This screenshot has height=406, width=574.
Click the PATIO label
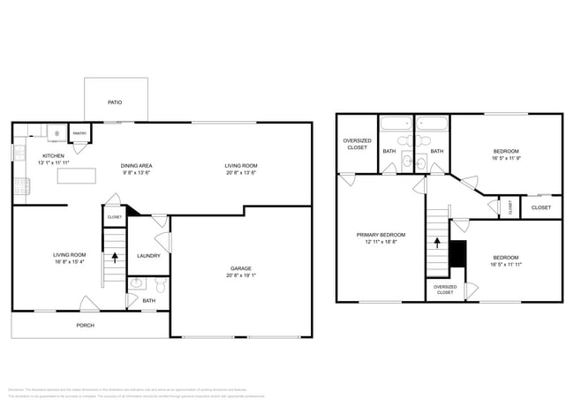tap(115, 102)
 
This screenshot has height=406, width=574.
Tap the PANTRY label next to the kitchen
tap(79, 134)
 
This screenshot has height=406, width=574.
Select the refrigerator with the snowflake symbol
tap(58, 133)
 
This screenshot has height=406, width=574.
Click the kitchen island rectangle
tap(76, 176)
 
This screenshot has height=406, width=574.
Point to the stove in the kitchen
tap(20, 186)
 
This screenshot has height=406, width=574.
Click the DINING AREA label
tap(137, 165)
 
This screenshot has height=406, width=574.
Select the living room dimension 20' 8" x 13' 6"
tap(239, 173)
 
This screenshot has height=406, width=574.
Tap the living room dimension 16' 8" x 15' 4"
tap(69, 261)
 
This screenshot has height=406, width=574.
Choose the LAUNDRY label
tap(147, 257)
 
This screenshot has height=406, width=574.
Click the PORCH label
tap(85, 326)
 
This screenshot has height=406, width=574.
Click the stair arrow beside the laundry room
tap(114, 258)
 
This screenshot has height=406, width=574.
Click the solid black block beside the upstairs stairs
tap(457, 254)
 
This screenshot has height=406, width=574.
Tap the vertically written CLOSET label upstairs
tap(510, 207)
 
